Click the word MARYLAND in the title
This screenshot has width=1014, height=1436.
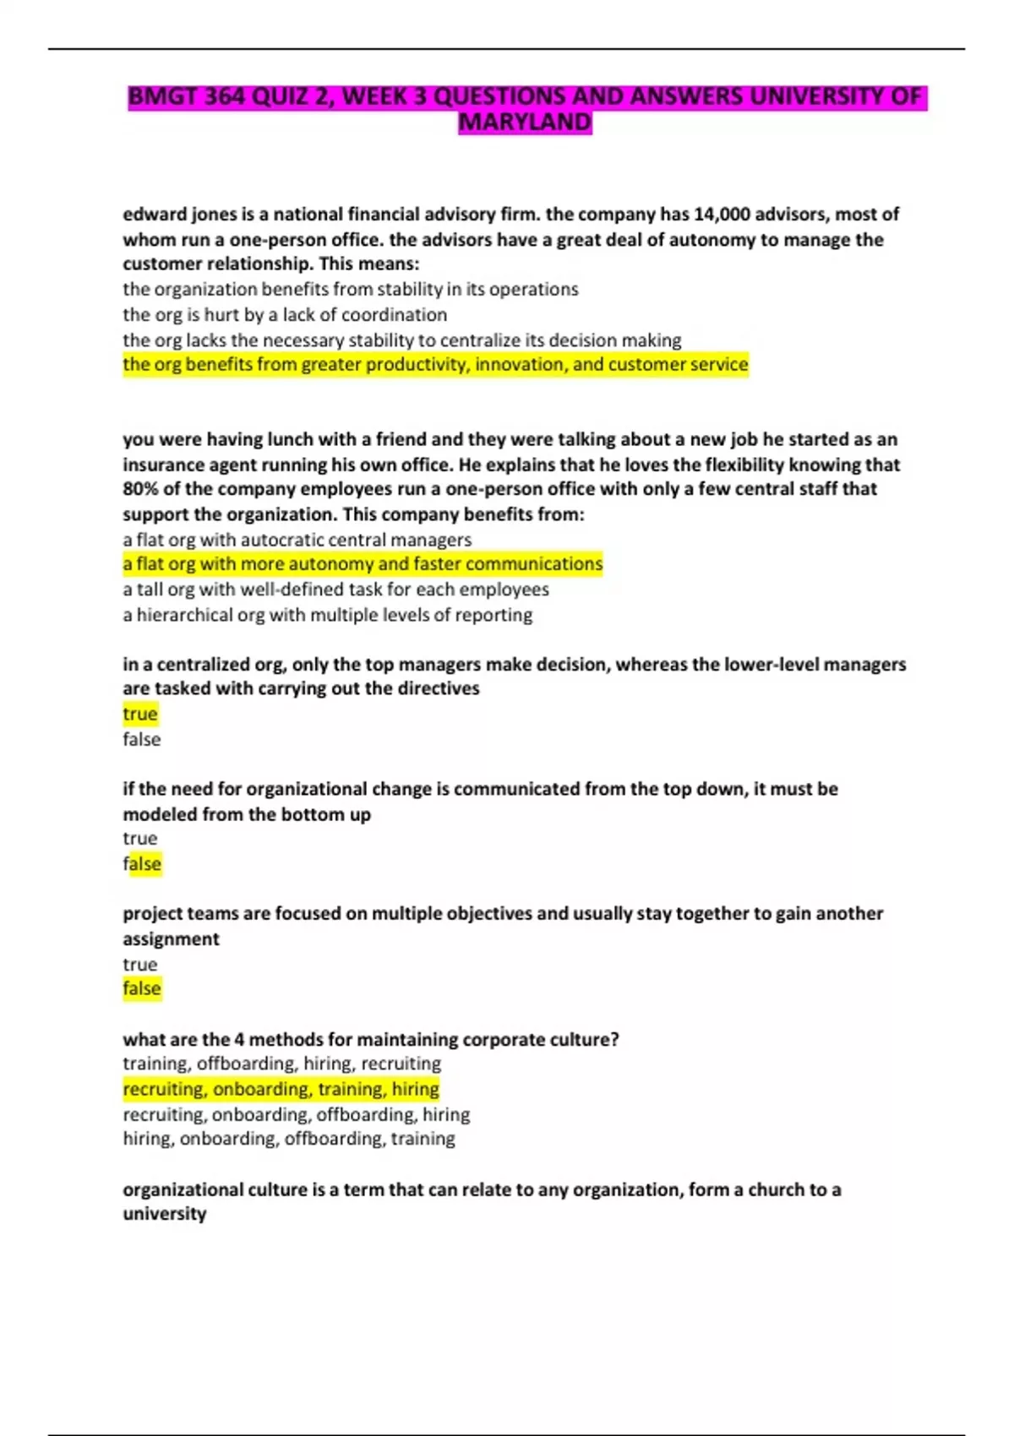pyautogui.click(x=525, y=122)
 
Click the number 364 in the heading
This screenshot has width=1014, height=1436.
pyautogui.click(x=225, y=96)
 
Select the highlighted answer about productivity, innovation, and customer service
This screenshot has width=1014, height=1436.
pyautogui.click(x=435, y=365)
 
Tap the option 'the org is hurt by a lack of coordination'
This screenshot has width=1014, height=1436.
pyautogui.click(x=285, y=315)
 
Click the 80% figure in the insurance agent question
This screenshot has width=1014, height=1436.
pyautogui.click(x=139, y=489)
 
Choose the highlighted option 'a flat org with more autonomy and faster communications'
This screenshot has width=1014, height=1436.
pyautogui.click(x=363, y=564)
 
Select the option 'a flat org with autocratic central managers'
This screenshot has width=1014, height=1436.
pyautogui.click(x=297, y=540)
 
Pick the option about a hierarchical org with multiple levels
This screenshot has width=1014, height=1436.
pyautogui.click(x=327, y=615)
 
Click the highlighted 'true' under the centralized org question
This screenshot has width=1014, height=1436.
pyautogui.click(x=140, y=715)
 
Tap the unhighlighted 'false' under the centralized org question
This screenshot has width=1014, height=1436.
pyautogui.click(x=141, y=740)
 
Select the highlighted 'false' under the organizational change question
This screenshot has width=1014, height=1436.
pyautogui.click(x=142, y=864)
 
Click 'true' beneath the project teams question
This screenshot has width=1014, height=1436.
pyautogui.click(x=140, y=965)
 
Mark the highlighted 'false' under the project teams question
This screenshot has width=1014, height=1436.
pyautogui.click(x=142, y=989)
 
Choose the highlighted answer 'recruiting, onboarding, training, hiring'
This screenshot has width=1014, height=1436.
pyautogui.click(x=281, y=1090)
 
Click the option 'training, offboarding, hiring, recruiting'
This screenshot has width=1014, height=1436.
pyautogui.click(x=281, y=1064)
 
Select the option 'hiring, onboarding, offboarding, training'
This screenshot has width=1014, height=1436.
pyautogui.click(x=288, y=1140)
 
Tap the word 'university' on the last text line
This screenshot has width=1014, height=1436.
pyautogui.click(x=165, y=1215)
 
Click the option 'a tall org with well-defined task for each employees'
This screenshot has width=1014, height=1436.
pyautogui.click(x=335, y=590)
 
